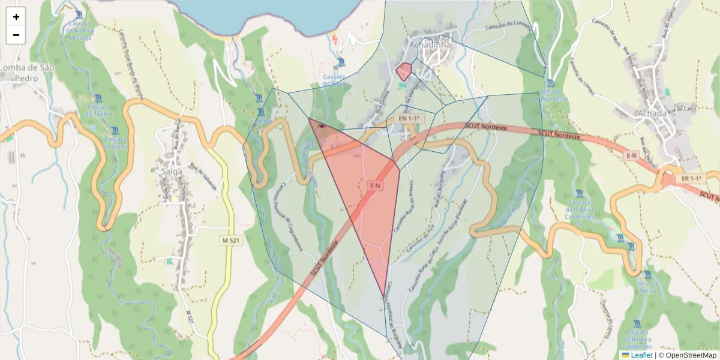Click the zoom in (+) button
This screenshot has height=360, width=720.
16,17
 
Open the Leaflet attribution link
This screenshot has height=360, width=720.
641,355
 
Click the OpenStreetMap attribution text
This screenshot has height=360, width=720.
691,355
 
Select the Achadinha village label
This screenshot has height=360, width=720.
428,44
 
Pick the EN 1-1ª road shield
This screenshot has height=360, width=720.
407,119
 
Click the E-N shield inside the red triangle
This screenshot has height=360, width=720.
375,186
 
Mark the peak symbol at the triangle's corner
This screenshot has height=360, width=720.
322,127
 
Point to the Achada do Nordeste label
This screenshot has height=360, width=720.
550,95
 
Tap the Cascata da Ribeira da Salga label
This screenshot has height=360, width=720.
79,30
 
